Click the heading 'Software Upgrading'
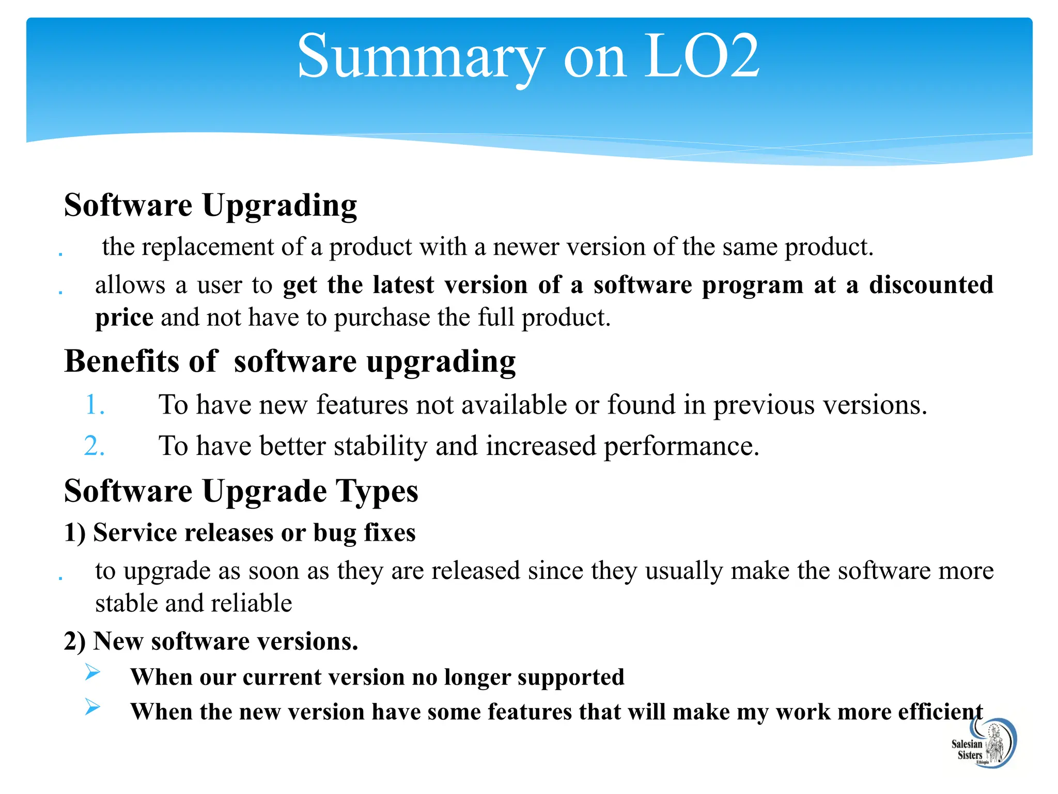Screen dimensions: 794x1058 (210, 205)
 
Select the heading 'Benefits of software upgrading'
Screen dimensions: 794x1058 (289, 361)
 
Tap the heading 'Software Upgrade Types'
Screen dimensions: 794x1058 (241, 491)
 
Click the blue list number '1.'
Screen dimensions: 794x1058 (95, 404)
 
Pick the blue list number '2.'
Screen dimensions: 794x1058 (95, 446)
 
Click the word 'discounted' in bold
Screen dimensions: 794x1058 (931, 285)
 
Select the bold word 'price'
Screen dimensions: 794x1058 (124, 317)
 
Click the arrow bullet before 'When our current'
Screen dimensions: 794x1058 (92, 673)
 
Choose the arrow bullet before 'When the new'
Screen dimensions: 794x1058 (92, 707)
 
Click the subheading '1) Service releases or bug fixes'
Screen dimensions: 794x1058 (240, 532)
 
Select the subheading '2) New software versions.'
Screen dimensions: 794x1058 (211, 642)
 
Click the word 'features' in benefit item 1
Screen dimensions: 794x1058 (362, 404)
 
